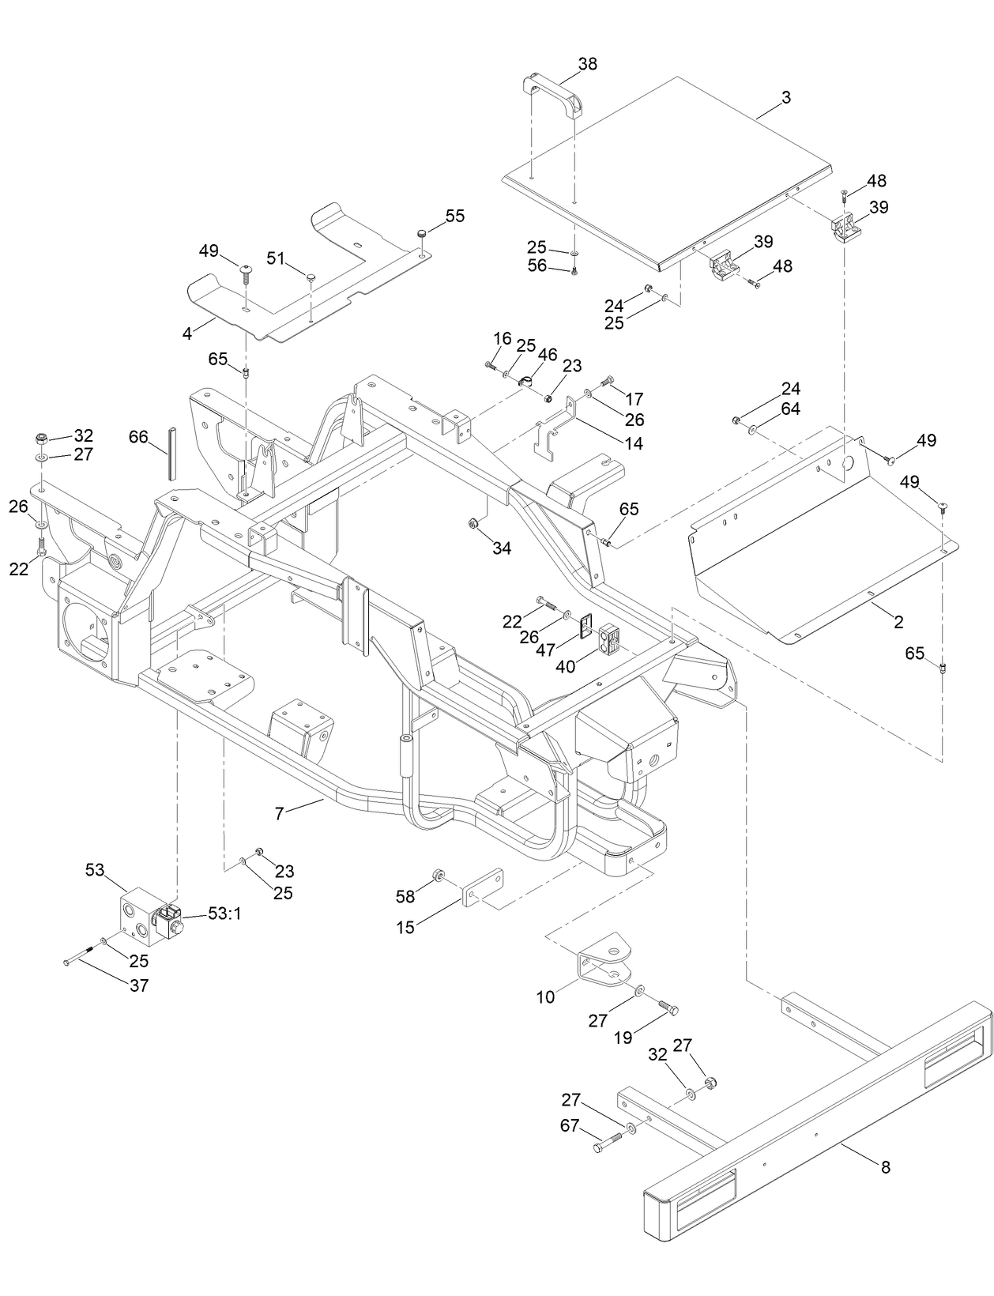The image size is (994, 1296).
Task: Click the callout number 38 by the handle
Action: coord(588,64)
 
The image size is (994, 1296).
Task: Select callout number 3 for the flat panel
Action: coord(785,98)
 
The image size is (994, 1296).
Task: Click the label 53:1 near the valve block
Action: coord(224,914)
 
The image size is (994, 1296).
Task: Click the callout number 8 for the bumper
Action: coord(885,1166)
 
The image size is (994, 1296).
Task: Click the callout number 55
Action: coord(455,217)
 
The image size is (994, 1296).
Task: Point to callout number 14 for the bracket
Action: coord(633,443)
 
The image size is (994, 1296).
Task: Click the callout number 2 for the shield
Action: coord(898,622)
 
